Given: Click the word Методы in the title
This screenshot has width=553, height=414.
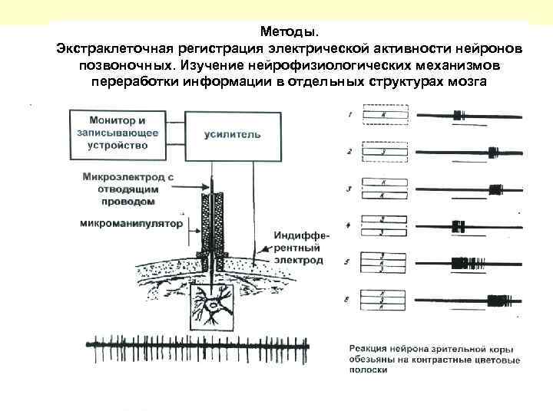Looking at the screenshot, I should (x=286, y=32).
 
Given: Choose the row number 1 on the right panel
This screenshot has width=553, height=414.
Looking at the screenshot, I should (x=349, y=116).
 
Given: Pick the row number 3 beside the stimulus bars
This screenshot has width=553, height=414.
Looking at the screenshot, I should (x=349, y=189).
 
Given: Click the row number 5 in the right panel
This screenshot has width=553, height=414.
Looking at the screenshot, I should (x=348, y=263).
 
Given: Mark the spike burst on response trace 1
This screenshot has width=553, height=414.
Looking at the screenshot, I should (x=459, y=116).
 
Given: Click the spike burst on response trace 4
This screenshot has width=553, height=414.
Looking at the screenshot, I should (x=459, y=226).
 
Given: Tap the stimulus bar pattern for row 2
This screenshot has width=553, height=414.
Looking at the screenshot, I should (x=383, y=152).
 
